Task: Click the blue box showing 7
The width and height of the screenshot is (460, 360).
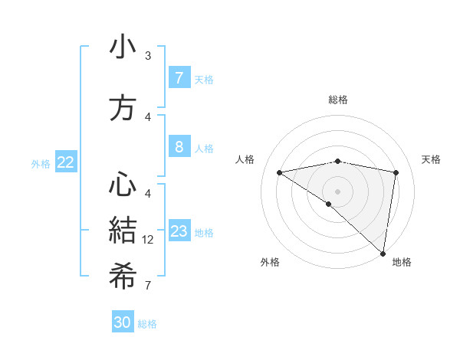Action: pyautogui.click(x=179, y=77)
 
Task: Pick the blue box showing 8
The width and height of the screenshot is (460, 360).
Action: pyautogui.click(x=179, y=147)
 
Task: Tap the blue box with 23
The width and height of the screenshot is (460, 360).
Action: pyautogui.click(x=179, y=231)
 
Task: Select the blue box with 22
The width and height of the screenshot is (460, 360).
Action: pyautogui.click(x=66, y=162)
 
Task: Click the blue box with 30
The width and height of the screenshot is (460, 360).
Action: pyautogui.click(x=123, y=322)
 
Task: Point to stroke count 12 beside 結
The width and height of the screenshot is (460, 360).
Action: pyautogui.click(x=148, y=240)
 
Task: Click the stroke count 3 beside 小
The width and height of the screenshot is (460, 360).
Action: pyautogui.click(x=148, y=56)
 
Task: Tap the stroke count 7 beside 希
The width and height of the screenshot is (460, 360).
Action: pyautogui.click(x=148, y=286)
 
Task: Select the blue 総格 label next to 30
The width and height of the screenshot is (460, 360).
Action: pyautogui.click(x=147, y=324)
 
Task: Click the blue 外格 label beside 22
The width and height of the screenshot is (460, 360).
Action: pyautogui.click(x=41, y=163)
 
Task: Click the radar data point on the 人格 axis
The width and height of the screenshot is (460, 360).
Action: pyautogui.click(x=279, y=172)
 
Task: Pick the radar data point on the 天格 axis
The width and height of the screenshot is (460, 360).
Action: pyautogui.click(x=396, y=172)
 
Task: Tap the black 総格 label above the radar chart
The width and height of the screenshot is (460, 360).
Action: pyautogui.click(x=338, y=100)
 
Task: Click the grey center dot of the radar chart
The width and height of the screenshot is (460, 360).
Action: pyautogui.click(x=337, y=191)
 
